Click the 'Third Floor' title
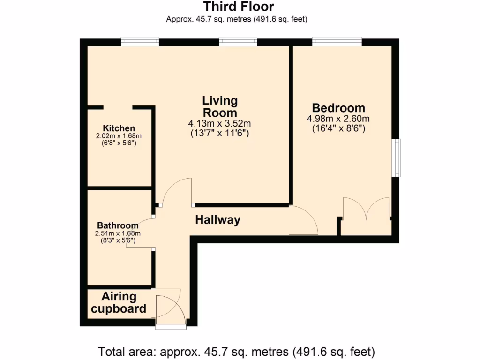click(x=239, y=7)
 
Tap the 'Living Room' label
click(x=220, y=106)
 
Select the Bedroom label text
click(x=338, y=108)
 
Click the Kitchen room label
click(x=119, y=128)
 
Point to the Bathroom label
click(x=118, y=225)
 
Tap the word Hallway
click(x=217, y=220)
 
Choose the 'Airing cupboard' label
click(x=119, y=303)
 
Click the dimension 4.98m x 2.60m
click(x=338, y=118)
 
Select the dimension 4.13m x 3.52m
click(x=220, y=124)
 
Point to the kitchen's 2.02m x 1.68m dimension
click(x=119, y=136)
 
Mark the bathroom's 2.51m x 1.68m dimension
click(x=118, y=233)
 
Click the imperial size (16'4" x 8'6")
click(x=338, y=128)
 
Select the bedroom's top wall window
click(x=337, y=42)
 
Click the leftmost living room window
click(x=140, y=42)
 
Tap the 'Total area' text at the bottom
click(x=237, y=351)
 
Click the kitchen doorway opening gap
click(x=118, y=108)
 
